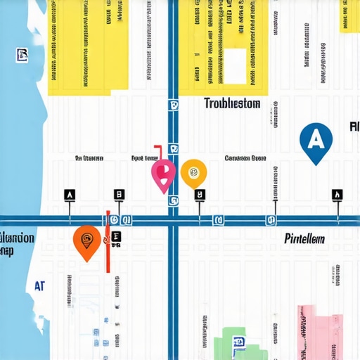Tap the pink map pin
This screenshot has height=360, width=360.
click(163, 173)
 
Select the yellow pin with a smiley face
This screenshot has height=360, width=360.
click(193, 172)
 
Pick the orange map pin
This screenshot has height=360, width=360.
click(86, 240)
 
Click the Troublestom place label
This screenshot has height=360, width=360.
click(232, 104)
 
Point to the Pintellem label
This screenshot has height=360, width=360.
click(304, 239)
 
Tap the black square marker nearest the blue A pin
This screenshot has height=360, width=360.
click(337, 195)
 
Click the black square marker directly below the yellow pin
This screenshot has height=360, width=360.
click(200, 195)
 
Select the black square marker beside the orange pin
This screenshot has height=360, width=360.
click(116, 238)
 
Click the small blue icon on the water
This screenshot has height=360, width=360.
click(21, 55)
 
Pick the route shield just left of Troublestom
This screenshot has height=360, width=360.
click(173, 105)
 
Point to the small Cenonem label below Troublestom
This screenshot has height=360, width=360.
click(245, 159)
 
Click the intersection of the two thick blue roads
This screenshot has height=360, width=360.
click(173, 220)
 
